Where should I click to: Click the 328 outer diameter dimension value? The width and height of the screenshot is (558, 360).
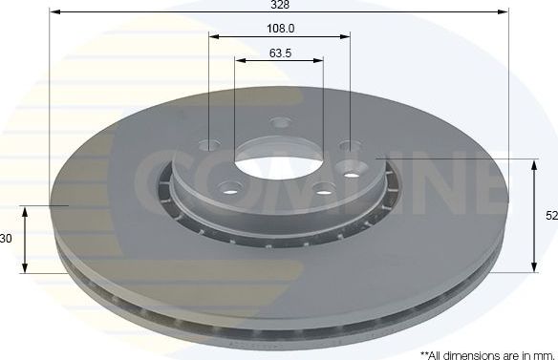pyautogui.click(x=279, y=6)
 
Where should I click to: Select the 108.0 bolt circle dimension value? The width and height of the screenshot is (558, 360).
pyautogui.click(x=279, y=30)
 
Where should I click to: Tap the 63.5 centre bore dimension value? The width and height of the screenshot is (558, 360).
pyautogui.click(x=279, y=52)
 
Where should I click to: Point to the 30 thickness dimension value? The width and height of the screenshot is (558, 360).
pyautogui.click(x=6, y=239)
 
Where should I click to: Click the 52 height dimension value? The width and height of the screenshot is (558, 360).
pyautogui.click(x=551, y=216)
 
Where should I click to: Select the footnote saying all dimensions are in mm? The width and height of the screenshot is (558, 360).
pyautogui.click(x=487, y=352)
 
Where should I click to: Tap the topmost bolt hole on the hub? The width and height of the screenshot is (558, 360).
pyautogui.click(x=280, y=122)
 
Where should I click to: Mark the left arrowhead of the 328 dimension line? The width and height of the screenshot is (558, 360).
pyautogui.click(x=54, y=12)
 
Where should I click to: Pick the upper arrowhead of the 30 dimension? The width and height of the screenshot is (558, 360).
pyautogui.click(x=26, y=209)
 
